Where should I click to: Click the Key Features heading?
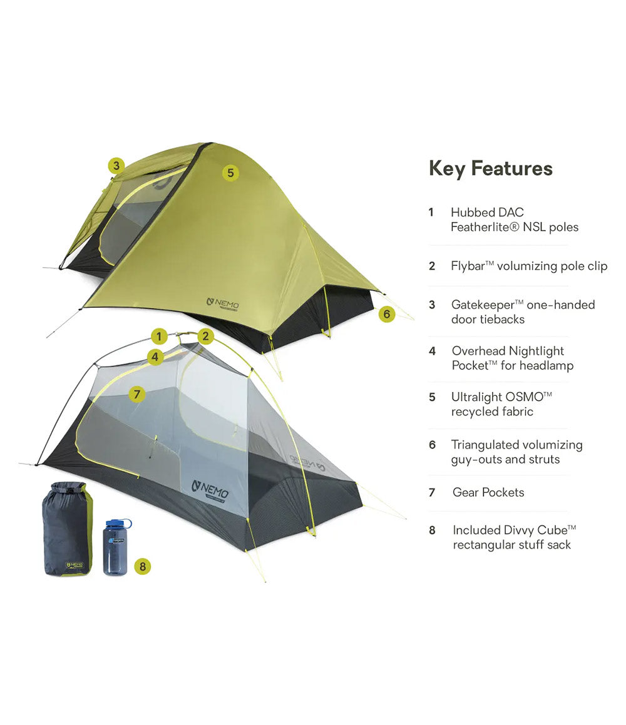tap(490, 168)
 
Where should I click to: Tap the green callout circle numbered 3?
tap(116, 166)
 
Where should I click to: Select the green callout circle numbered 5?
tap(230, 173)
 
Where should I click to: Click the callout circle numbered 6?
tap(387, 314)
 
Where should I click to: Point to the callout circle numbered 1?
tap(160, 337)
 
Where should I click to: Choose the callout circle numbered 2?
tap(206, 337)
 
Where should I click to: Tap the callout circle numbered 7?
tap(137, 394)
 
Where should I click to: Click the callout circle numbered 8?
tap(143, 567)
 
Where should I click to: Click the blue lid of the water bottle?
tap(118, 522)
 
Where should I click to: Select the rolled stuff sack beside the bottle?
tap(66, 529)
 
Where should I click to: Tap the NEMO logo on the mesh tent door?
tap(210, 488)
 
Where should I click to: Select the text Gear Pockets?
tap(488, 492)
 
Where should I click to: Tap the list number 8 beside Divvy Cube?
tap(432, 530)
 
